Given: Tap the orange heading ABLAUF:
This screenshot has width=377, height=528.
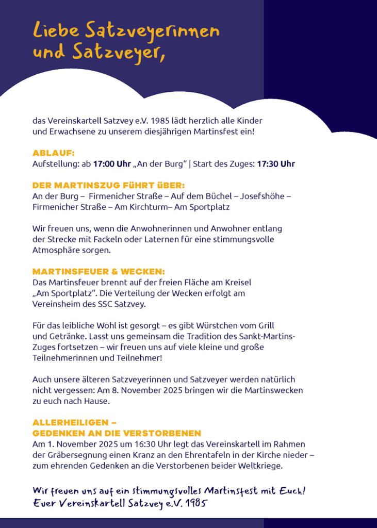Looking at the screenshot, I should click(54, 153).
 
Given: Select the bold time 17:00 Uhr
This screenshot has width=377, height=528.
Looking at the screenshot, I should click(112, 164).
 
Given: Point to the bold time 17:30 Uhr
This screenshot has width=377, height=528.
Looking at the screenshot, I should click(276, 164).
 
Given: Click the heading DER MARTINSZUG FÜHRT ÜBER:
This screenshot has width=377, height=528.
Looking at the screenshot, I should click(108, 185).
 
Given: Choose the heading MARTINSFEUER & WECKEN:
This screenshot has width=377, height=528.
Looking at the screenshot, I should click(99, 271).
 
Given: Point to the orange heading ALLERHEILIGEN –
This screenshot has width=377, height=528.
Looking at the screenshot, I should click(74, 422).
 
